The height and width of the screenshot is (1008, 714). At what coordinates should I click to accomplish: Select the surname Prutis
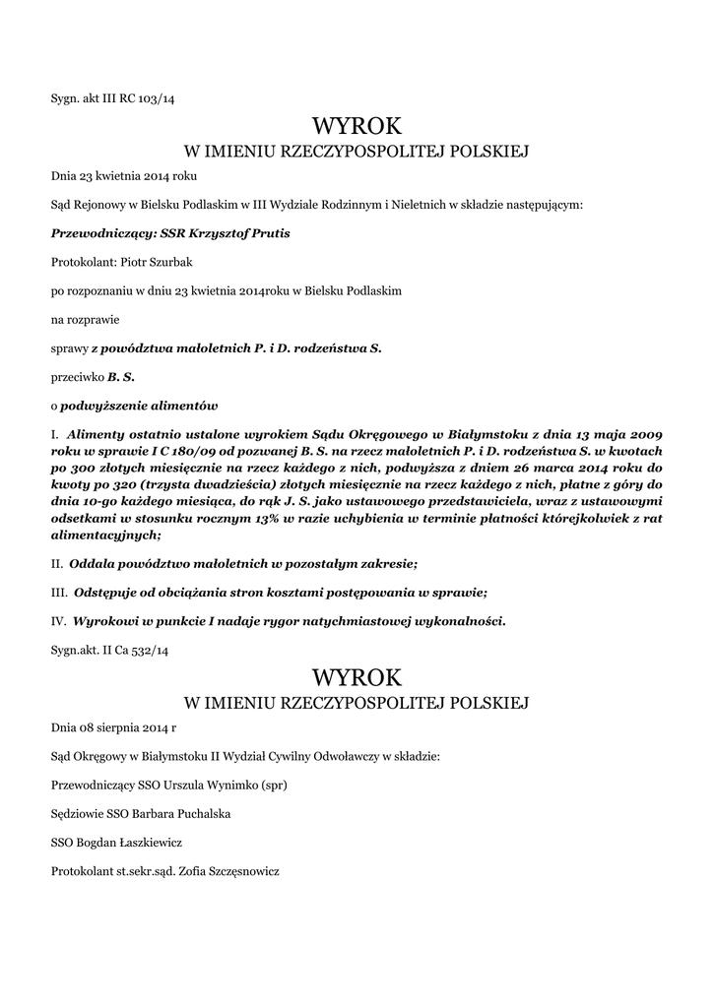pyautogui.click(x=269, y=234)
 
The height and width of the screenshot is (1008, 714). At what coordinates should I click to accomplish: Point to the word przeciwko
pyautogui.click(x=77, y=377)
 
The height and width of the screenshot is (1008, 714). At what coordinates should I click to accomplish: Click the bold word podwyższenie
pyautogui.click(x=101, y=406)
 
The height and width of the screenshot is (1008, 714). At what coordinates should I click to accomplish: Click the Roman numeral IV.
pyautogui.click(x=57, y=620)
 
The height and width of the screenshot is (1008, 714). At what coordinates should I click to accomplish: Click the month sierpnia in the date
pyautogui.click(x=117, y=728)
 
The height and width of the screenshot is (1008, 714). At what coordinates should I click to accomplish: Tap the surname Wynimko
pyautogui.click(x=223, y=786)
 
